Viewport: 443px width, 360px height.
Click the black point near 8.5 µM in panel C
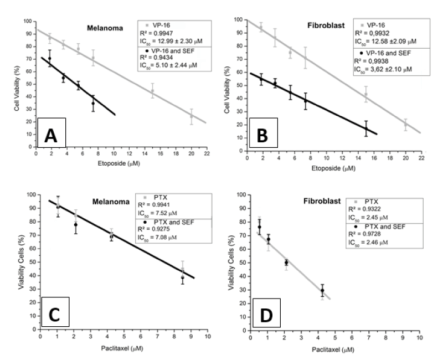click(183, 277)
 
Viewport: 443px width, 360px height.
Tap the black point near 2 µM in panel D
click(286, 262)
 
